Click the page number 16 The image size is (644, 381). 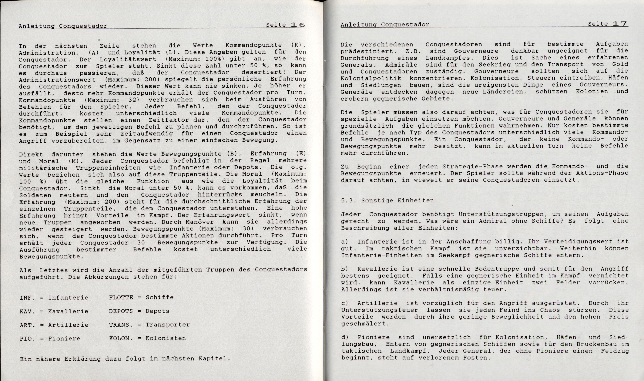[298, 25]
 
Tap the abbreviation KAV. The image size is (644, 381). [27, 311]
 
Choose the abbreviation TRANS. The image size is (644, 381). [121, 325]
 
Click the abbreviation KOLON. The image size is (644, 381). [121, 338]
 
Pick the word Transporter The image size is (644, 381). [168, 325]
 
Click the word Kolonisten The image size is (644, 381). [166, 338]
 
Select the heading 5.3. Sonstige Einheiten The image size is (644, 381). [387, 201]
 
